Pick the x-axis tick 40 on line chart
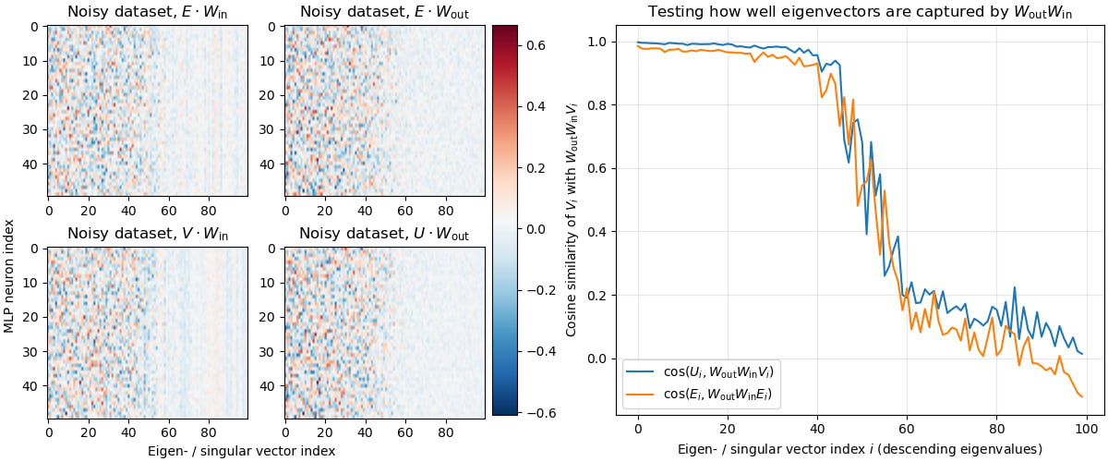[817, 430]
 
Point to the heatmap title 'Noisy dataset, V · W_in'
[146, 235]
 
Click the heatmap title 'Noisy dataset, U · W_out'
[383, 235]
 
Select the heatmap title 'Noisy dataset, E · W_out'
[383, 12]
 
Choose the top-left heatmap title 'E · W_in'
[146, 12]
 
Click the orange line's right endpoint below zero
[1081, 396]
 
